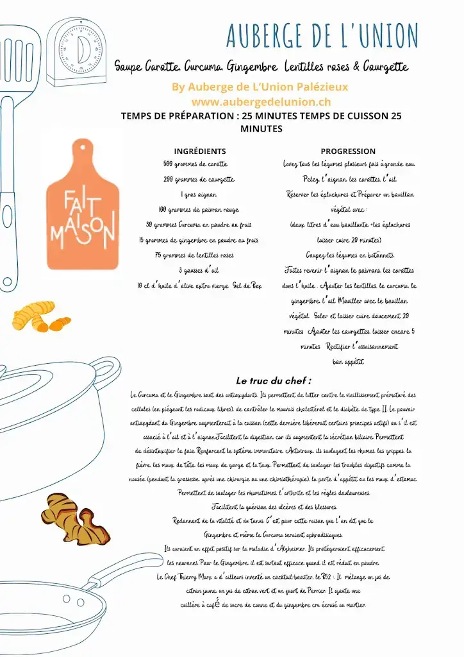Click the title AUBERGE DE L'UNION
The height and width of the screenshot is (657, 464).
pos(322,35)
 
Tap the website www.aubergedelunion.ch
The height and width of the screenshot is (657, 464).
pos(261,101)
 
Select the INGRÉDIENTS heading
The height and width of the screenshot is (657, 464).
pos(199,151)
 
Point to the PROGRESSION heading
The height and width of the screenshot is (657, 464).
pos(348,151)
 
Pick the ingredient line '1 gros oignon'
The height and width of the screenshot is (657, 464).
pos(199,194)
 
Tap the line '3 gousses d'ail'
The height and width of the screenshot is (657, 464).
pos(199,270)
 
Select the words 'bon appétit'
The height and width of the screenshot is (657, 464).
pos(348,362)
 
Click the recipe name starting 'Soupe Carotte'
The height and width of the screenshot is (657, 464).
pos(261,67)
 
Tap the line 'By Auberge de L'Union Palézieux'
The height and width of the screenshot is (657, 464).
pos(261,87)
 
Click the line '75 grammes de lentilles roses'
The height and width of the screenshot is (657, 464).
pos(199,255)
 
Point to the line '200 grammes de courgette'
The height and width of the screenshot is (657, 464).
pos(199,180)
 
